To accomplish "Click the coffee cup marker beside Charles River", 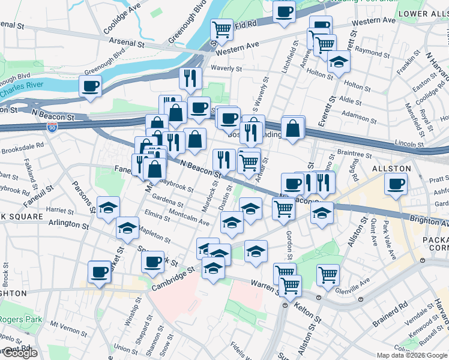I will (90, 86).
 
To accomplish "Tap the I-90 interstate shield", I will (52, 127).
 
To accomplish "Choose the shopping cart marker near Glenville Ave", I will (328, 274).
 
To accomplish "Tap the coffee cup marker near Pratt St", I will (396, 184).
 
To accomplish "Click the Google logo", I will (19, 353).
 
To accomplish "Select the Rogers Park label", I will (21, 320).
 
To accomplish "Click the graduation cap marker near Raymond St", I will (339, 61).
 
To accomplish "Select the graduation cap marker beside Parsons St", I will (108, 208).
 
